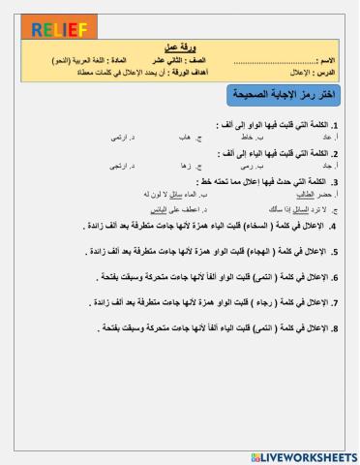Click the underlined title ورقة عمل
pos(180,46)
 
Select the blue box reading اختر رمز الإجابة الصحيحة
pos(282,95)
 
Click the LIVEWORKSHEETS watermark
pos(303,455)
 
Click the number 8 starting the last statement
pos(333,327)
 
